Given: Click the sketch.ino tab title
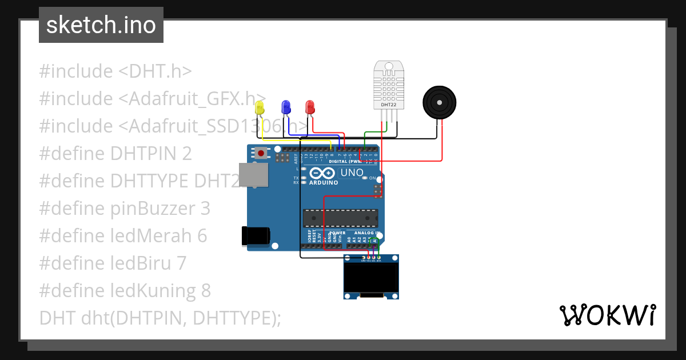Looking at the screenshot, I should coord(101,25).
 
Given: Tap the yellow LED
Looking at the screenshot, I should coord(260,107).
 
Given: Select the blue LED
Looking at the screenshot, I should coord(285,107).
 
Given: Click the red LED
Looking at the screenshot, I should coord(310,107).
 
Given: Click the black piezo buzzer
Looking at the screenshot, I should coord(440,103).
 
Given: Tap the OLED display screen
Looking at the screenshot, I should coord(371,277).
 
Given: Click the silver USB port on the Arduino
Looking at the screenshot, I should coord(253,174).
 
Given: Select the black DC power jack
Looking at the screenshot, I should coord(255,236).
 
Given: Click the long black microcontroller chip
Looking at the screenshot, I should coord(340,218).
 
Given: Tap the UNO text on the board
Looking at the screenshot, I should coord(352,173).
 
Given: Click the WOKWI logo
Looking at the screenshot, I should coord(607,315).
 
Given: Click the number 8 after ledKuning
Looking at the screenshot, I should coord(206,291).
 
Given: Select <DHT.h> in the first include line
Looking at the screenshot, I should coord(155,71).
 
